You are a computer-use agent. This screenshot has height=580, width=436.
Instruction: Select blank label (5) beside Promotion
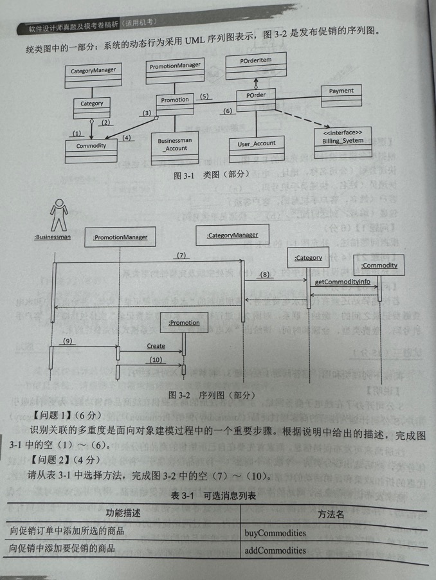point(204,96)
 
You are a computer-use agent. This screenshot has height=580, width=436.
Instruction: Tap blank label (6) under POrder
point(227,111)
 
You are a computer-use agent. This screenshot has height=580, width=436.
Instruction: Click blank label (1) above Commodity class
point(77,133)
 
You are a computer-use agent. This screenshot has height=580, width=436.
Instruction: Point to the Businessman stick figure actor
point(59,215)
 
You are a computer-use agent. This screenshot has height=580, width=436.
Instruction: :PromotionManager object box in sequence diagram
point(120,237)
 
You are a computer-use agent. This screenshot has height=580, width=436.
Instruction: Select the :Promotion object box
point(184,323)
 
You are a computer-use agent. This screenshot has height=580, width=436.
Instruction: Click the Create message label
point(156,346)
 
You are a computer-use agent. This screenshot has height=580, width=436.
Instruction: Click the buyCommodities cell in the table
point(275,533)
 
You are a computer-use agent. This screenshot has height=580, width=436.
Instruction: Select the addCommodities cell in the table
point(275,551)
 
